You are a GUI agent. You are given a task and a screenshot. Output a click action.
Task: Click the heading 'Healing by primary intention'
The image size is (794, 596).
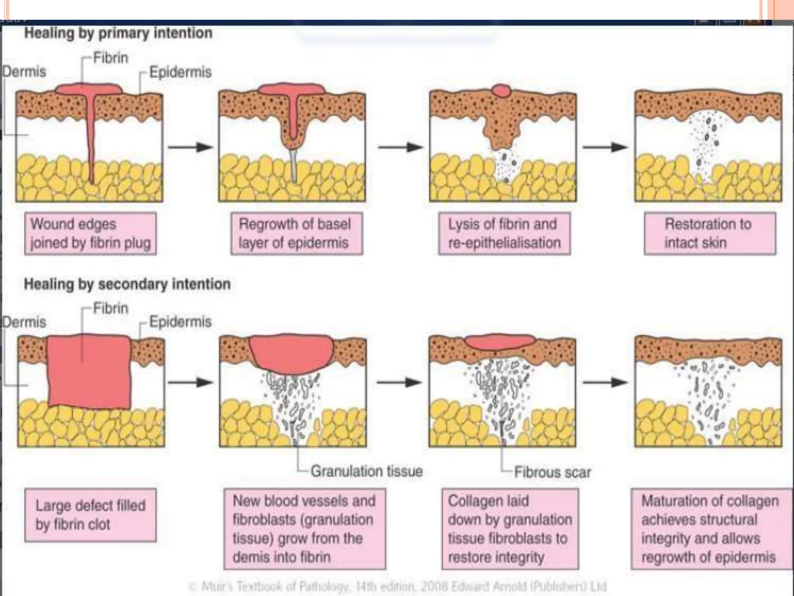[x=118, y=33]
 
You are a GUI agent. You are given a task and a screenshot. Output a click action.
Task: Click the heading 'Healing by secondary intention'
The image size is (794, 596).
[x=127, y=284]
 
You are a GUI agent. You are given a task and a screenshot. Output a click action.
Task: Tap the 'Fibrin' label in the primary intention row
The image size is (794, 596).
[x=110, y=58]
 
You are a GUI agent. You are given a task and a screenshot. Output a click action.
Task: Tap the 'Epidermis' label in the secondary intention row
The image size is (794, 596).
[x=180, y=322]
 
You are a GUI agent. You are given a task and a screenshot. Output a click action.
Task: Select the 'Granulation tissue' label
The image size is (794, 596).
[x=366, y=471]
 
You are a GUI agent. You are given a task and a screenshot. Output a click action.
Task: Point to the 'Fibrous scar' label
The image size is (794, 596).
[x=552, y=472]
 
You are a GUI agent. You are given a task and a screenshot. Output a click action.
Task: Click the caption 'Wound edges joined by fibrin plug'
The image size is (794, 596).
[x=90, y=233]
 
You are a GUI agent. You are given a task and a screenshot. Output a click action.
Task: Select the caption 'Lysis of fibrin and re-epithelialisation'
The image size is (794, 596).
[x=504, y=233]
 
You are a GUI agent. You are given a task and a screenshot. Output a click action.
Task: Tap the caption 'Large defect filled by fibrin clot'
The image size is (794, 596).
[x=90, y=515]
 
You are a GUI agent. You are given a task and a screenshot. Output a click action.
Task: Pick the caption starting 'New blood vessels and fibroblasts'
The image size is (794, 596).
[x=304, y=528]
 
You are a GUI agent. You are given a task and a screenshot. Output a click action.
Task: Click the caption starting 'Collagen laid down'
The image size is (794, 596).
[x=510, y=528]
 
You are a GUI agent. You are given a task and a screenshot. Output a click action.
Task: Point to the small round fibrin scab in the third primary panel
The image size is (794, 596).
[x=502, y=91]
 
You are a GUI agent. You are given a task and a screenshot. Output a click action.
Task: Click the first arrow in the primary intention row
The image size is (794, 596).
[x=190, y=147]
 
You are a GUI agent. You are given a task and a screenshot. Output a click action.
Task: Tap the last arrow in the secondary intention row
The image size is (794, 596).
[x=605, y=382]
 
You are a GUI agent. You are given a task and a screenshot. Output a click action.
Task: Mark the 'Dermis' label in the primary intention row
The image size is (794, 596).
[x=24, y=72]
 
